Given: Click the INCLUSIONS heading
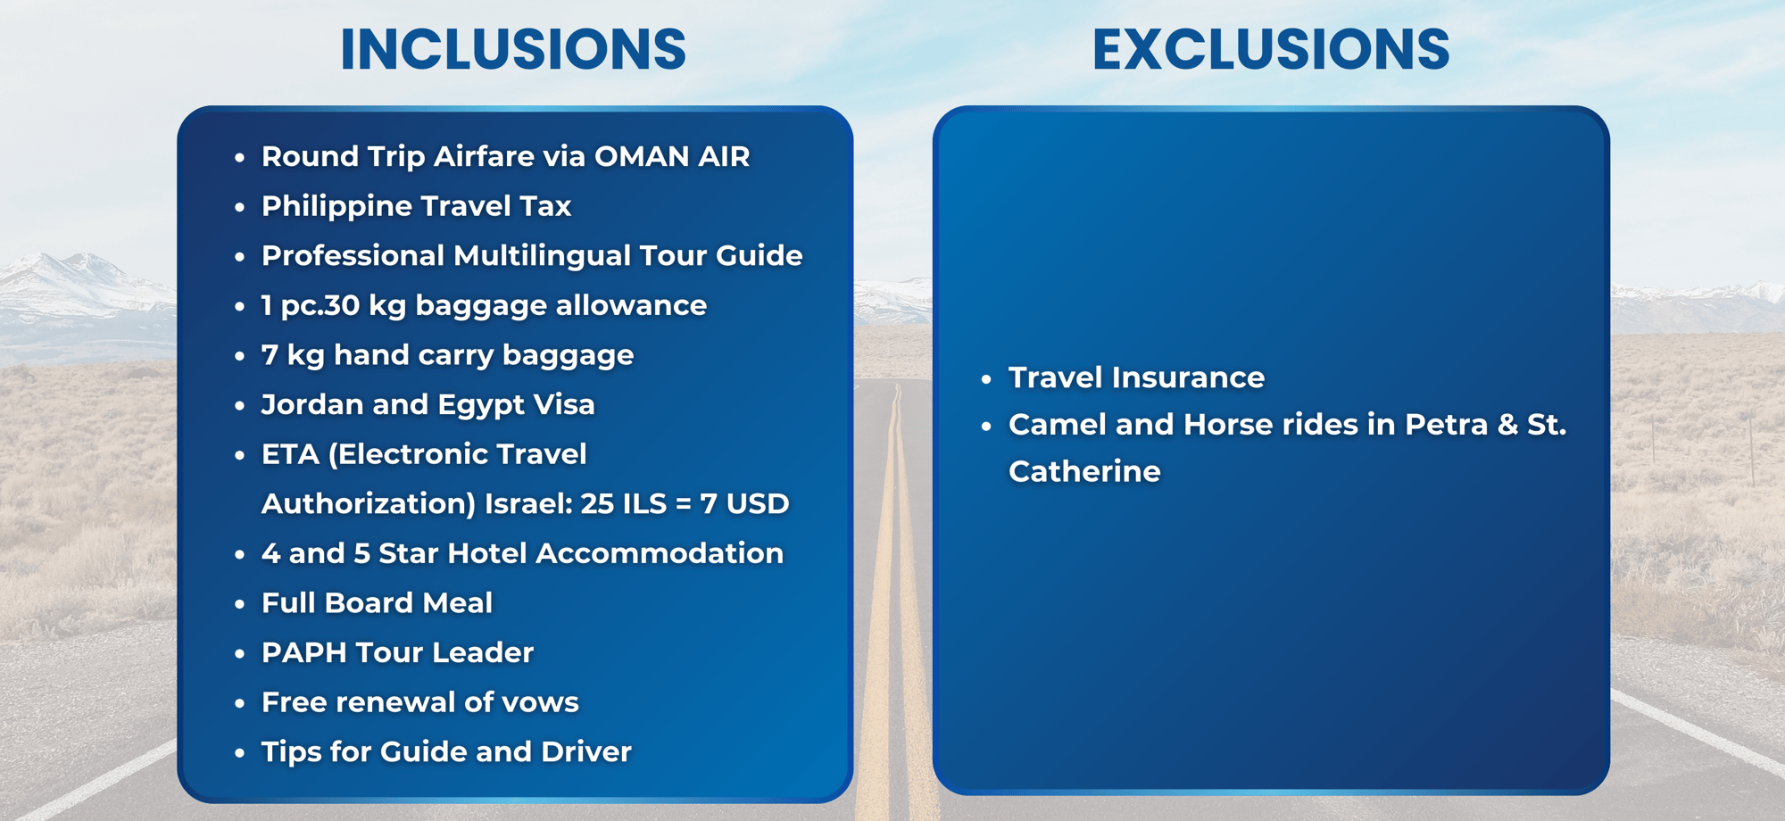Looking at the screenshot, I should (x=513, y=49).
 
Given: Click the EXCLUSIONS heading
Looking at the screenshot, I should (x=1271, y=49).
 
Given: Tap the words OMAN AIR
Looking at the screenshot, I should (x=672, y=156).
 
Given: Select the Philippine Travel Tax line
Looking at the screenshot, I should (x=416, y=206).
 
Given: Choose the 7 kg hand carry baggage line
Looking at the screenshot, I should (x=447, y=355).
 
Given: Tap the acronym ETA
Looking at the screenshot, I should (x=290, y=454).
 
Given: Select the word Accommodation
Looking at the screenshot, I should (x=660, y=553).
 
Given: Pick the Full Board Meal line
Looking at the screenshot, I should (x=377, y=603).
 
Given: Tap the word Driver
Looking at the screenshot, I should (x=585, y=752).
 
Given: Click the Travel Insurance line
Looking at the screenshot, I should (x=1136, y=377).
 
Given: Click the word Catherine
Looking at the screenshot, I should (x=1084, y=471).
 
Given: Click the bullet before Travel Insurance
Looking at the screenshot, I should (x=986, y=379).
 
